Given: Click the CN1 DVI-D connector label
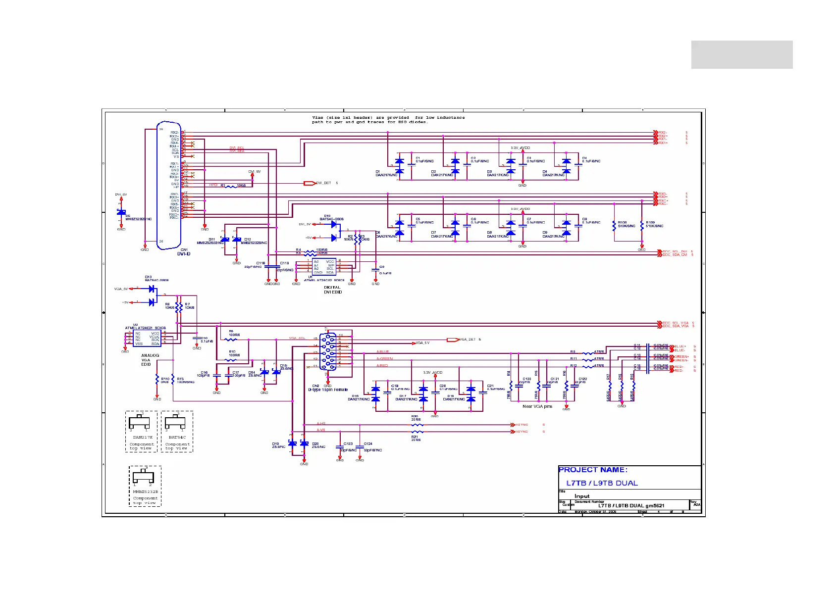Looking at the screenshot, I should [x=184, y=252].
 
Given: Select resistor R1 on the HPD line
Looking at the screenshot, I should [x=231, y=186].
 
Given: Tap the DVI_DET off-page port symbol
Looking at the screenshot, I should [x=310, y=183].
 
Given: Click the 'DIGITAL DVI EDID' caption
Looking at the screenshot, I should [x=333, y=290].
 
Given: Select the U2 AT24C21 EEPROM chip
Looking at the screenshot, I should [x=147, y=339].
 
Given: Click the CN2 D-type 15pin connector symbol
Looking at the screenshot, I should [x=327, y=352].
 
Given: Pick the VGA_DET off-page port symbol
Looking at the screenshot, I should [x=452, y=340].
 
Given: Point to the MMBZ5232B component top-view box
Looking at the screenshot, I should [x=145, y=486].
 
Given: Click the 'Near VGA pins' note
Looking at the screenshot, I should [x=537, y=406].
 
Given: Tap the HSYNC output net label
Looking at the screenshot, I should [x=522, y=425].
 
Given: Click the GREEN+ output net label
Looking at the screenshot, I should [x=681, y=356].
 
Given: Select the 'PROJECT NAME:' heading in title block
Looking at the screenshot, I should [x=593, y=470].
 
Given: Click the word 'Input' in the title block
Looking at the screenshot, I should [x=582, y=496].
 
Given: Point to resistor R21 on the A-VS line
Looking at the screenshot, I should [x=417, y=432].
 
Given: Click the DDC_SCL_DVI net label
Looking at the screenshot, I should [x=675, y=251].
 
